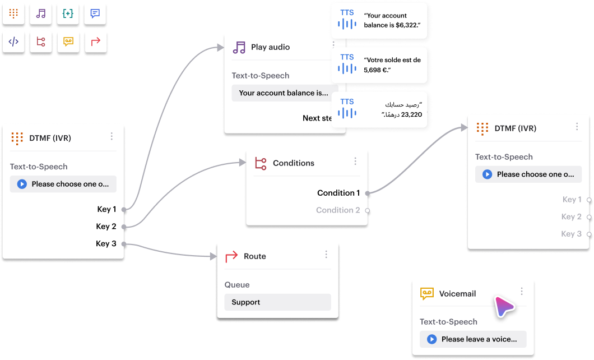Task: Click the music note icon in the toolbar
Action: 41,14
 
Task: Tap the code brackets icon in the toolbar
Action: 13,41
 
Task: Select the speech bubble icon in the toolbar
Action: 95,14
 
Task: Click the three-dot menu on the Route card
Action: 326,255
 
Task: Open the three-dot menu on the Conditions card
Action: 355,161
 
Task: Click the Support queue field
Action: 277,302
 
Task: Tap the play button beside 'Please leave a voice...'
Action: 431,339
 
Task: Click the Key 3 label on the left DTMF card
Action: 106,244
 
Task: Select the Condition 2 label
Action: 338,210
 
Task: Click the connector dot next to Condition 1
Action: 368,193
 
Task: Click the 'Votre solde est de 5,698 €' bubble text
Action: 392,64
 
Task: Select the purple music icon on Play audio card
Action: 239,47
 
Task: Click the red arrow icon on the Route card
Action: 231,256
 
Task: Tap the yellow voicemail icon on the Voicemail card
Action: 427,293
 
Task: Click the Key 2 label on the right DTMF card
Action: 571,217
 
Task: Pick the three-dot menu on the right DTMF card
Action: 577,127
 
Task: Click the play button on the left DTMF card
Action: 22,184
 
